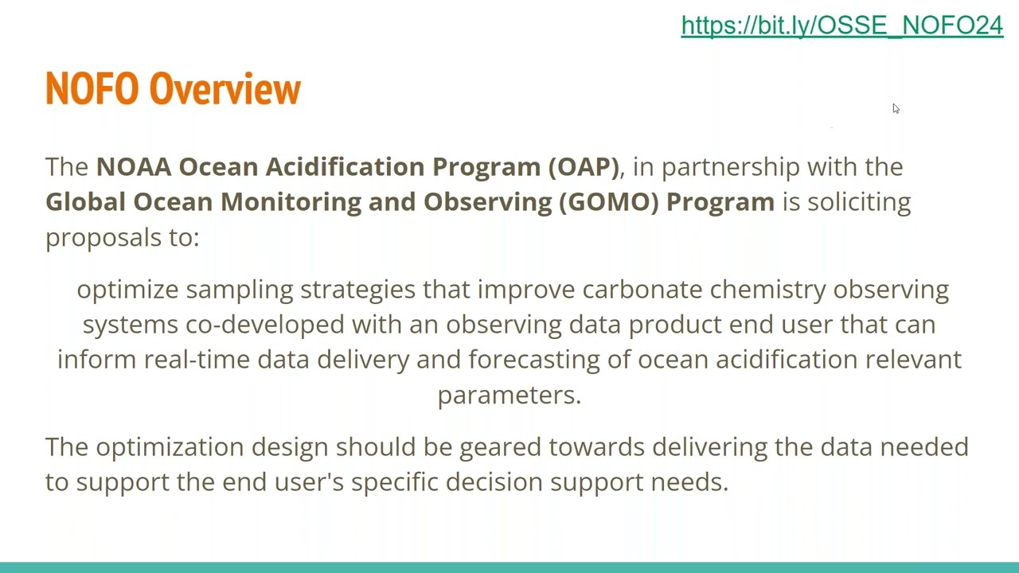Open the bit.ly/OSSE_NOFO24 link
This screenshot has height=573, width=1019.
tap(841, 25)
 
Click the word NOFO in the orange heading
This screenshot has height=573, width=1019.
tap(92, 88)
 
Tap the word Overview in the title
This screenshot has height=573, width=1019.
tap(224, 88)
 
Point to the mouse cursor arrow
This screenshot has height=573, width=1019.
tap(896, 109)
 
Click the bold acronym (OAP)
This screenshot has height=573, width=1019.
tap(583, 166)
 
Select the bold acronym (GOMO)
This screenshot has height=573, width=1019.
tap(608, 201)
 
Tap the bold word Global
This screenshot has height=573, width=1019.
tap(85, 201)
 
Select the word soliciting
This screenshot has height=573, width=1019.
tap(859, 201)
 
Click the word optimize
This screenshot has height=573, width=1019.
tap(127, 290)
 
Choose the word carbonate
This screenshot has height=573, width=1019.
tap(642, 290)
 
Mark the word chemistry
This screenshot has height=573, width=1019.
tap(767, 290)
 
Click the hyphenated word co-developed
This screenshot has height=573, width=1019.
tap(265, 325)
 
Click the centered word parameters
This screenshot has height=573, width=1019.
tap(509, 396)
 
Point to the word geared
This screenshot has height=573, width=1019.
tap(499, 447)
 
